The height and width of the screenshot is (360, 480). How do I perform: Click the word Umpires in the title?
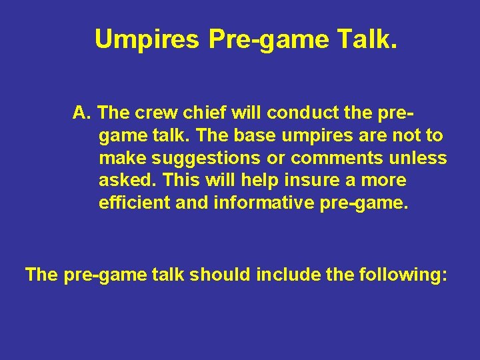coord(147,39)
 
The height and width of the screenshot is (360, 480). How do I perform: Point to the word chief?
coord(198,113)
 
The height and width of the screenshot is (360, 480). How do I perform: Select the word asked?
coord(127,181)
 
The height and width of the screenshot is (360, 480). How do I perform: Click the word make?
coord(123,158)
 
